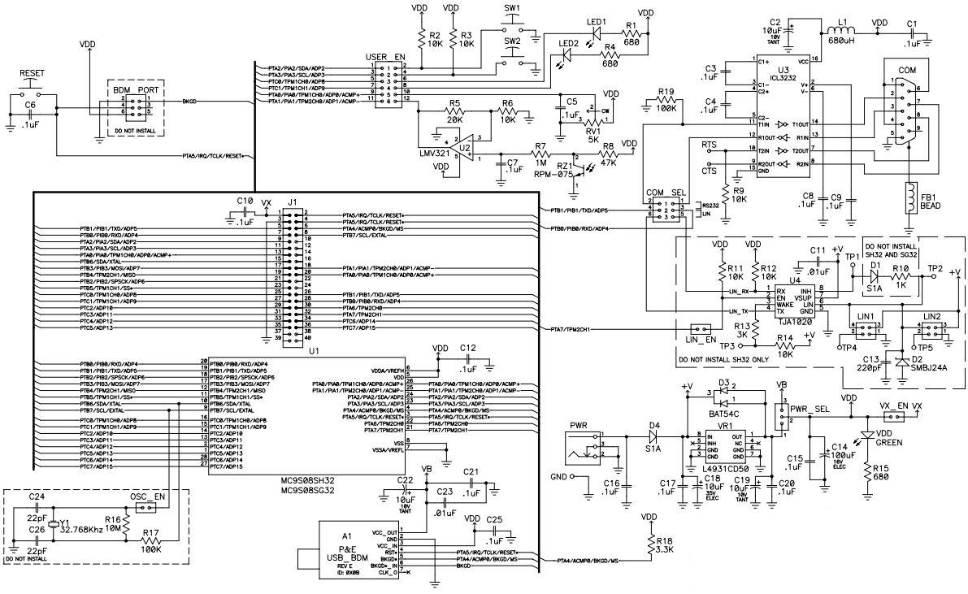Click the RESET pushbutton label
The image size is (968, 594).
(x=32, y=73)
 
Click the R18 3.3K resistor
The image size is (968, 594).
(x=650, y=545)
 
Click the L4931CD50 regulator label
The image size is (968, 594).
(x=726, y=470)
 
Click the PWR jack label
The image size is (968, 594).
(x=579, y=424)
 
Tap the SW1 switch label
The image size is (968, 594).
(x=513, y=9)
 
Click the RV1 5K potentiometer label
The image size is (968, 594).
(x=595, y=132)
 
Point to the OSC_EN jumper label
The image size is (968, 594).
(x=147, y=496)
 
